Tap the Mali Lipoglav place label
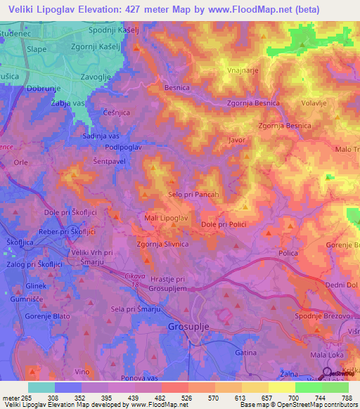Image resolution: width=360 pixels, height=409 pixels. (166, 219)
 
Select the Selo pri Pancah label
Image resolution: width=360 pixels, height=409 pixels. (195, 194)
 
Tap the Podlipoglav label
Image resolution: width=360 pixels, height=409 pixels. (123, 147)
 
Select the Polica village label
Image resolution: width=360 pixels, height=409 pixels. (289, 252)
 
